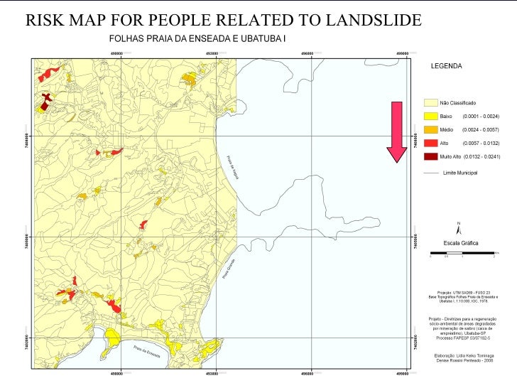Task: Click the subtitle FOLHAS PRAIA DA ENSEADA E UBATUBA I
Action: [x=197, y=38]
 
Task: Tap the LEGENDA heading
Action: [x=447, y=66]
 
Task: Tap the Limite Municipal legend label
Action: [x=459, y=173]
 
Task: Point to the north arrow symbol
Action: [x=459, y=227]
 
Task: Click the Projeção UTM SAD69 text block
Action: [x=459, y=296]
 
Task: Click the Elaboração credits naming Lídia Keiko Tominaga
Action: [x=459, y=357]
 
